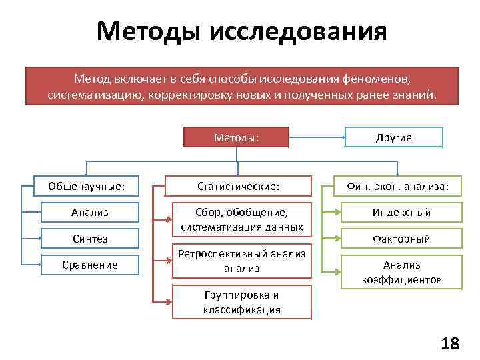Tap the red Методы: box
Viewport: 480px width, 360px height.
[237, 137]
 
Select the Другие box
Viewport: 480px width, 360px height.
[393, 137]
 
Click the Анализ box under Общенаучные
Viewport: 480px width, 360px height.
[90, 212]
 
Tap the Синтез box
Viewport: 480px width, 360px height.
[90, 238]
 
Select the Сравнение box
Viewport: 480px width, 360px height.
[90, 265]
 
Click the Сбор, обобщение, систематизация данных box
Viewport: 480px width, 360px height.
[241, 219]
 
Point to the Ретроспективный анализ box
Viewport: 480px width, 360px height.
[241, 261]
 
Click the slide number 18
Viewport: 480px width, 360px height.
[450, 343]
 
